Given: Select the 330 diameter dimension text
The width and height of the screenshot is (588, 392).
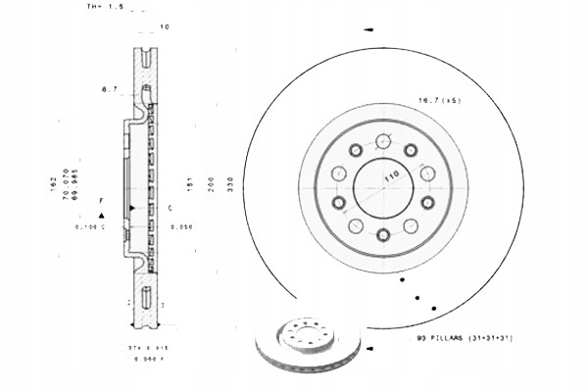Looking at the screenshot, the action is click(x=230, y=184).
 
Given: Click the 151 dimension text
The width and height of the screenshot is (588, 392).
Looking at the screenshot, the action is click(x=187, y=184).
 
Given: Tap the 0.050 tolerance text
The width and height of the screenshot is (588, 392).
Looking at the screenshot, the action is click(x=180, y=226).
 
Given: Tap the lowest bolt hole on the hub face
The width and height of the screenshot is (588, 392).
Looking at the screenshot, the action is click(x=383, y=233).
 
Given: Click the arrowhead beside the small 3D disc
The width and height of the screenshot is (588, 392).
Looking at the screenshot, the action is click(x=369, y=347).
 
